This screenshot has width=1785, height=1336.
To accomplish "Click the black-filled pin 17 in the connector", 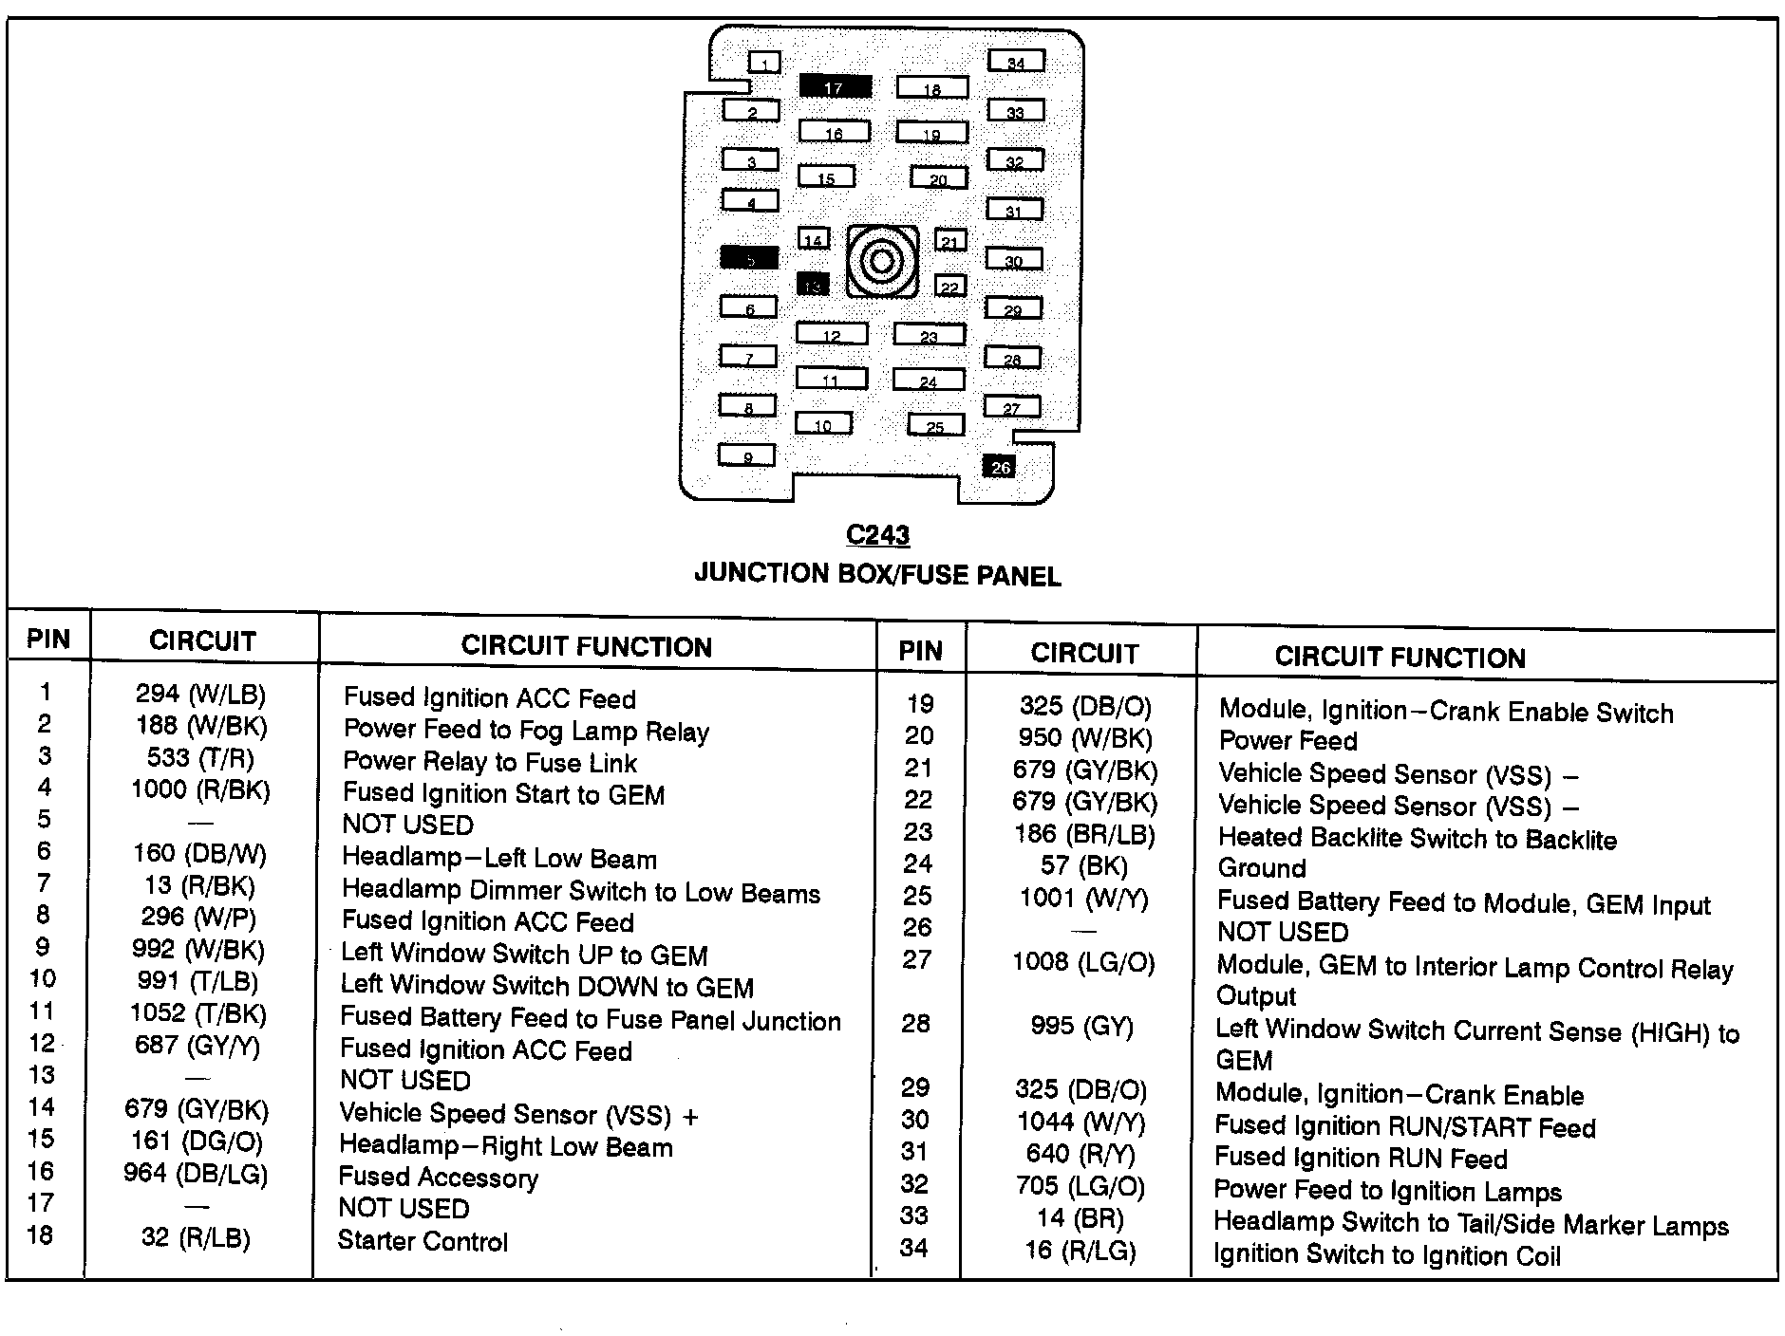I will tap(835, 86).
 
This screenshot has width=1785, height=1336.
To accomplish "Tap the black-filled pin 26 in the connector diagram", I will tap(1000, 466).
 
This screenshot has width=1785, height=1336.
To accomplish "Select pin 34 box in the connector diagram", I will tap(1016, 62).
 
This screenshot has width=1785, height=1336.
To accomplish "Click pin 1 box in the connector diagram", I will tap(764, 63).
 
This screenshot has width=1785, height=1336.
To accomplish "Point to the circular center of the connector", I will tap(882, 260).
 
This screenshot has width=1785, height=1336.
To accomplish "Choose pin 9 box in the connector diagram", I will tap(747, 455).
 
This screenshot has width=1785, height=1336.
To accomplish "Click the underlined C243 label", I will tap(877, 535).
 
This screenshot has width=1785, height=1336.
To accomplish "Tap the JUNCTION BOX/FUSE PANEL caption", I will tap(877, 575).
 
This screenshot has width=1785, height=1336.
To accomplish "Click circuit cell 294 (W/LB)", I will tap(200, 695).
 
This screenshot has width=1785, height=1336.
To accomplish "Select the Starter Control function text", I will tap(423, 1241).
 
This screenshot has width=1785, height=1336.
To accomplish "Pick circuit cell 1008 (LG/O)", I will tap(1083, 962).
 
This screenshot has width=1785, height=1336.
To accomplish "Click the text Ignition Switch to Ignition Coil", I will tap(1386, 1255).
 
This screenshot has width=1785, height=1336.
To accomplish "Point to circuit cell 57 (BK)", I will tap(1083, 865).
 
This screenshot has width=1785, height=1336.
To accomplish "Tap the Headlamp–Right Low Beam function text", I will tap(505, 1146).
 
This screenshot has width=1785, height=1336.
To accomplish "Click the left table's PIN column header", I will tap(48, 639).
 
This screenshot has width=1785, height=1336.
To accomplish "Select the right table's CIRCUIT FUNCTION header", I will tap(1400, 658).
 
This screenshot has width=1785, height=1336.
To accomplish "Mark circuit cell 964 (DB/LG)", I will tap(196, 1174).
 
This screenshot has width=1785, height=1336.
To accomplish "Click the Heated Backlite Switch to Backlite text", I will tap(1417, 839).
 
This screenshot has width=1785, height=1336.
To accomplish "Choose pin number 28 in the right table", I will tap(915, 1024).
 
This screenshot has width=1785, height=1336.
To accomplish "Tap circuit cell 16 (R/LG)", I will tap(1080, 1251).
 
